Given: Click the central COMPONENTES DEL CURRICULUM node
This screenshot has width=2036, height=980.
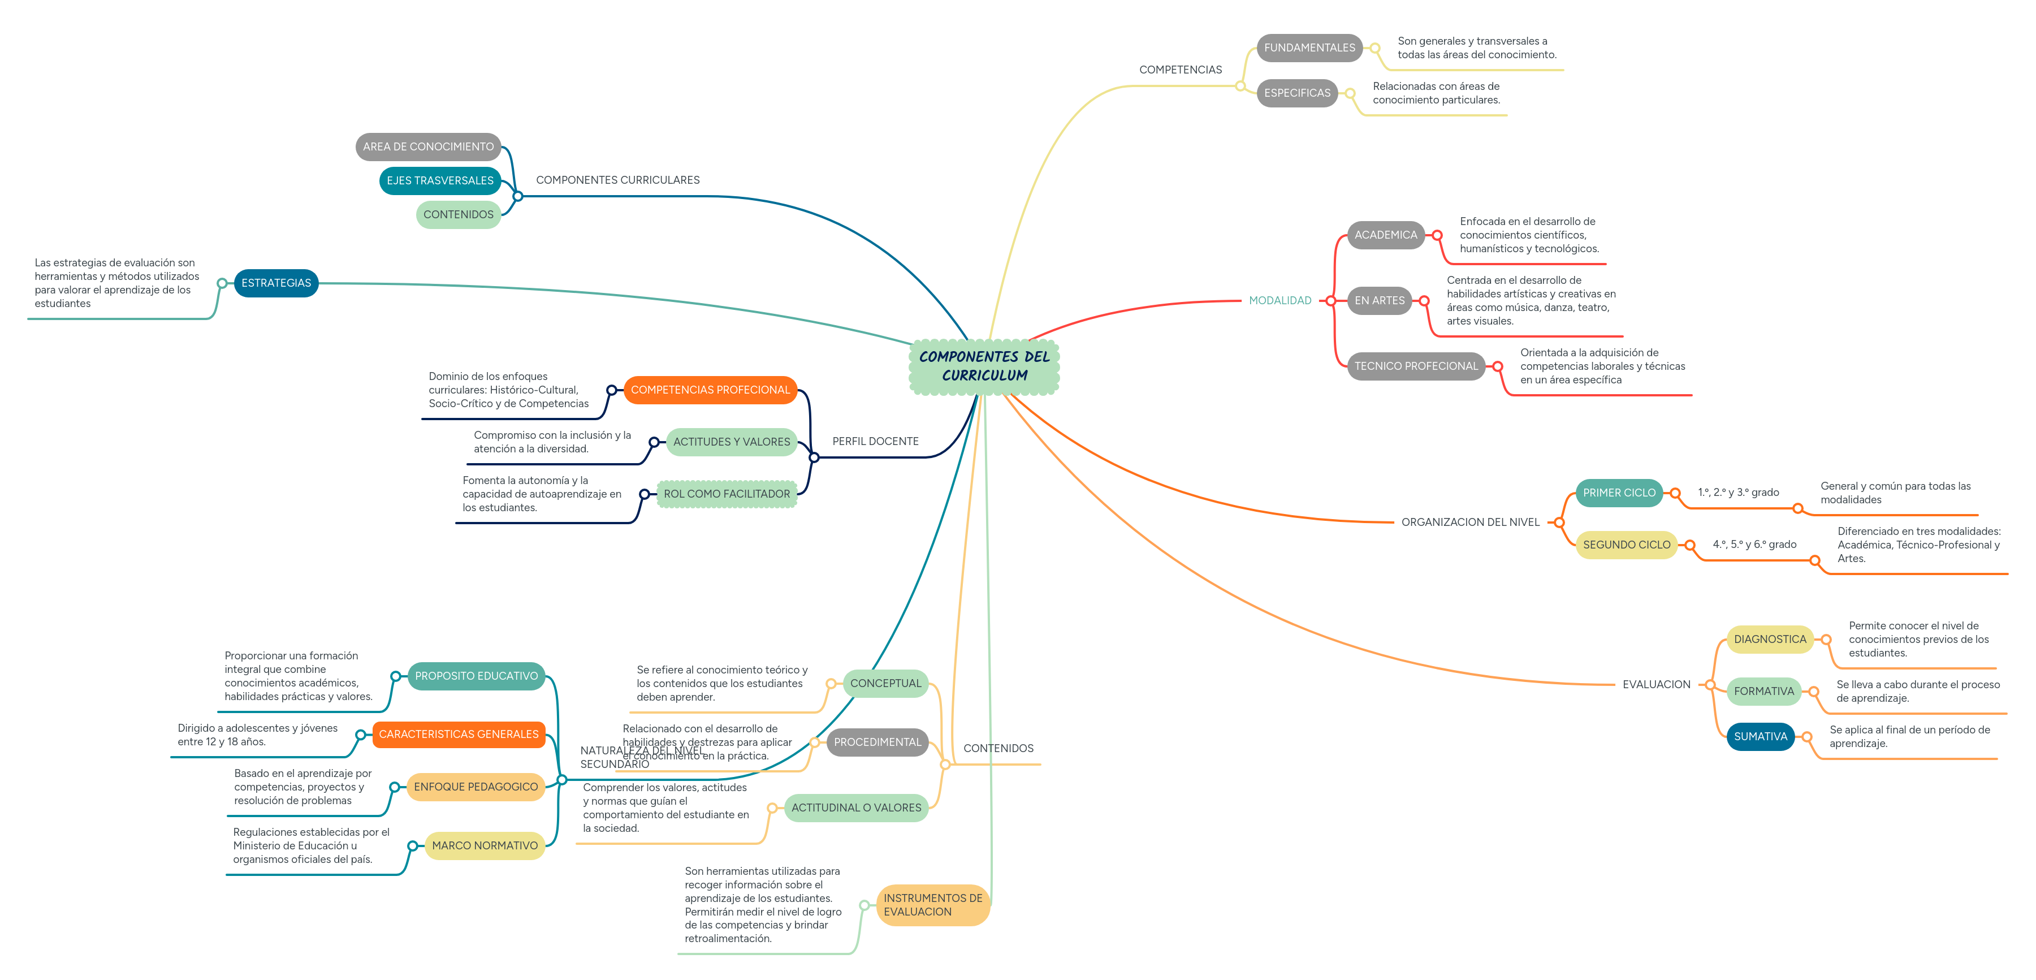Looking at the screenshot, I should (984, 366).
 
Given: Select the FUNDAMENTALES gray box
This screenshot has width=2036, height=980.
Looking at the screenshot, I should (1309, 48).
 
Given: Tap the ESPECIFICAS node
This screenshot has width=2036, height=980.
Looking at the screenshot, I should (1296, 93).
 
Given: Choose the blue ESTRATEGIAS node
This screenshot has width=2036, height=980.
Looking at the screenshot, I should (276, 283).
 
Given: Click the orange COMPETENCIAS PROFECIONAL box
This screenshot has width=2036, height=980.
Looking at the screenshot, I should (710, 390).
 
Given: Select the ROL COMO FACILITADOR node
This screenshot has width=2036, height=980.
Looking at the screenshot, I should (727, 494).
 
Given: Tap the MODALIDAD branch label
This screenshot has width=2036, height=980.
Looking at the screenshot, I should (1279, 300).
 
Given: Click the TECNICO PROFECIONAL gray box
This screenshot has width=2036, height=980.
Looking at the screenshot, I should (1416, 366).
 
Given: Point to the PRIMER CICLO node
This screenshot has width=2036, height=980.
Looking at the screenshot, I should (1618, 493).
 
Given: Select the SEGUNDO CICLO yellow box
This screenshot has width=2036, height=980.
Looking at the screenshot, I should (1626, 545).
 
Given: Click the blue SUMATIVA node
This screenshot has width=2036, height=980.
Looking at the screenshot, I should (1760, 736).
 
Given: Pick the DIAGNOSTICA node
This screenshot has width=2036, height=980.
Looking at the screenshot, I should (1769, 638).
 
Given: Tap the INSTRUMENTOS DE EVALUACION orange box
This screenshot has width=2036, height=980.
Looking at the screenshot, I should (933, 904).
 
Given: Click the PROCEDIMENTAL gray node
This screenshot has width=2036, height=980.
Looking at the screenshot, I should (877, 741).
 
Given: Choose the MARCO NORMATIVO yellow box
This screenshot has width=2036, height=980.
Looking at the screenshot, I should (485, 845).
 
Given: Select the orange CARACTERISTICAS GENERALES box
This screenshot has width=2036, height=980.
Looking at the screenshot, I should (459, 734).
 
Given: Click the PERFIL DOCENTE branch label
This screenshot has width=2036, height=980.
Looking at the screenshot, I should (875, 441).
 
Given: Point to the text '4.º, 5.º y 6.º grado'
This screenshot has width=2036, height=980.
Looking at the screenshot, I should (1754, 544).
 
